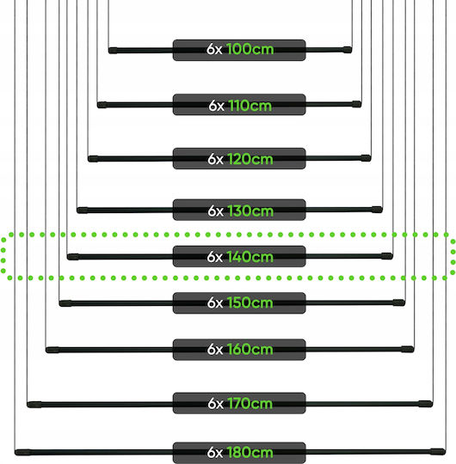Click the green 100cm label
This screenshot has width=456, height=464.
coord(250,49)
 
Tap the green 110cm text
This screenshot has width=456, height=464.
coord(250,106)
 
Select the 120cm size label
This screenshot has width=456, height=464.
coord(250,159)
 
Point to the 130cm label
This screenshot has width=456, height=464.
coord(250,211)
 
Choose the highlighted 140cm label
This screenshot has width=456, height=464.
coord(250,257)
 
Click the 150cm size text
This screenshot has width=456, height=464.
coord(250,302)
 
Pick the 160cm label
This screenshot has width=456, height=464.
coord(250,349)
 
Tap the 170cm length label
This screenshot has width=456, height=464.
coord(250,403)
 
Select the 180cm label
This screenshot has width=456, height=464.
coord(250,453)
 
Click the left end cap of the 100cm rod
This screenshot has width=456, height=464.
coord(113,51)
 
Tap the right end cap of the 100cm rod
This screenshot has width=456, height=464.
coord(348,50)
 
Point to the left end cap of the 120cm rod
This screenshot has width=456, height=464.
coord(93,159)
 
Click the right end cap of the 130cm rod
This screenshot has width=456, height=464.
coord(377,210)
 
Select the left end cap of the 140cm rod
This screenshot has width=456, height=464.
coord(73,257)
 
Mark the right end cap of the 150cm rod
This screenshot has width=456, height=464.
coord(399,302)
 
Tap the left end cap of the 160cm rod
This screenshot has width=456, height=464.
coord(52,350)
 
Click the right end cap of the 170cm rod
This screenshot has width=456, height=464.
coord(426,404)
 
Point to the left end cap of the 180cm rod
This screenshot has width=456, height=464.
coord(23,452)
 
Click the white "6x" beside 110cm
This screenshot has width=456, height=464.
coord(216,106)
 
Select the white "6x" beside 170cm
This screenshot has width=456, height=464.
coord(215,403)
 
